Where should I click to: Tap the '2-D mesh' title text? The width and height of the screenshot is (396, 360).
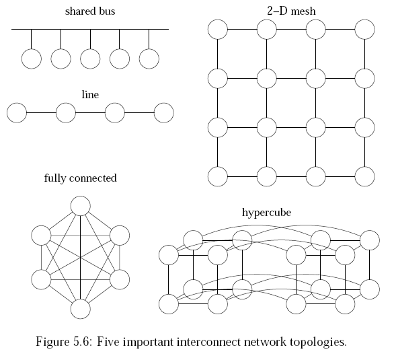(291, 11)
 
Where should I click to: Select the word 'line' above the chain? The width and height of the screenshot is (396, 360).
(89, 95)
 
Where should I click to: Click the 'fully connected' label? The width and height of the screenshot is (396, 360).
(80, 178)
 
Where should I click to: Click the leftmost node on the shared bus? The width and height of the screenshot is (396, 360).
(31, 59)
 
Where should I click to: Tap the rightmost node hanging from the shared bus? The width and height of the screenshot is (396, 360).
(149, 59)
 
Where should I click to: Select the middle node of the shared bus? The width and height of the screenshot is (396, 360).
(90, 59)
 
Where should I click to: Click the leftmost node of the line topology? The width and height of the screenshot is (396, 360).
(16, 113)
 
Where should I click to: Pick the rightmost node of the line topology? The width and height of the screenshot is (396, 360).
(163, 113)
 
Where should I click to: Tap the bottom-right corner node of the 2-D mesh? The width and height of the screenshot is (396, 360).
(364, 176)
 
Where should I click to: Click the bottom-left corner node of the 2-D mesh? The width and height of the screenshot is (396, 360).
(217, 176)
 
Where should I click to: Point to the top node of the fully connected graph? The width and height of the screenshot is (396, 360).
(80, 205)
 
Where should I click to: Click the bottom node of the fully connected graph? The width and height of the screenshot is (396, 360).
(80, 308)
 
